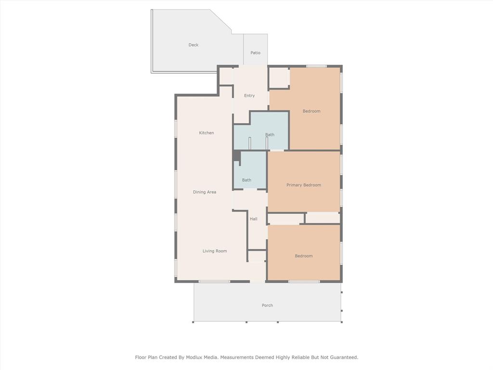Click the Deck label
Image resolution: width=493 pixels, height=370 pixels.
(193, 45)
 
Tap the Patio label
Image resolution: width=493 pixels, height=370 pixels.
(255, 53)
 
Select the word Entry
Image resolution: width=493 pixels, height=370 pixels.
(249, 95)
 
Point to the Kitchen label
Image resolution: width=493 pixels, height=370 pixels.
(207, 132)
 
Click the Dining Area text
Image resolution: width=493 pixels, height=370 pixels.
(205, 192)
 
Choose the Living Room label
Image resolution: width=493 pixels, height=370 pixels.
(214, 251)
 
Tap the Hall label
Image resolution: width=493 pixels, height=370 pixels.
(254, 219)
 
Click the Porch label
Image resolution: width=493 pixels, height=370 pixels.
(267, 305)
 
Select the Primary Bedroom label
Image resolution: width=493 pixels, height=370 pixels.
(303, 185)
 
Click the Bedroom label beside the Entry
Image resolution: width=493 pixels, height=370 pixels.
(311, 111)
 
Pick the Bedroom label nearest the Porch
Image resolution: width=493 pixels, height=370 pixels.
(303, 256)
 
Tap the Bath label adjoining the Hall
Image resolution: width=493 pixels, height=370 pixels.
(246, 180)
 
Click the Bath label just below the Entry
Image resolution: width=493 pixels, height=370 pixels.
(270, 134)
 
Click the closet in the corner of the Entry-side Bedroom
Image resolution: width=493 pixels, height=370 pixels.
(278, 78)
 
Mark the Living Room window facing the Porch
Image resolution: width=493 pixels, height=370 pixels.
(214, 281)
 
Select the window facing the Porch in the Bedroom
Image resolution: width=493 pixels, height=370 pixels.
(304, 281)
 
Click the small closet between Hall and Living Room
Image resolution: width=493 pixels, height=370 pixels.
(257, 256)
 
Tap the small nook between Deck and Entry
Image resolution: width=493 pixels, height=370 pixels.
(226, 76)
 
